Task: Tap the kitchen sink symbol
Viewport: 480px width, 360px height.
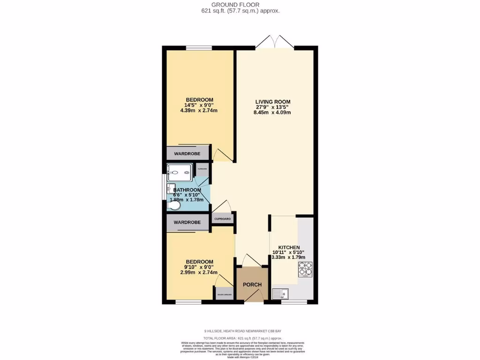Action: (281, 294)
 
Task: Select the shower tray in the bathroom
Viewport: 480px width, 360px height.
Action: (180, 172)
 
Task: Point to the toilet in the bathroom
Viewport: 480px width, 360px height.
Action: (173, 206)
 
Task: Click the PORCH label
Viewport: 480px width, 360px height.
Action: (252, 285)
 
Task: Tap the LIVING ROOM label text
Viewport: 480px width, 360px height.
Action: (273, 102)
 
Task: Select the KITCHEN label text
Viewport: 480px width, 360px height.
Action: (289, 247)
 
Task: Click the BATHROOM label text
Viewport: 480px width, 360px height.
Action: (187, 190)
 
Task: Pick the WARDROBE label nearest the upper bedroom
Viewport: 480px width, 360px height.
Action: (187, 154)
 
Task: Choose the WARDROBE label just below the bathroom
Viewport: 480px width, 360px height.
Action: (187, 222)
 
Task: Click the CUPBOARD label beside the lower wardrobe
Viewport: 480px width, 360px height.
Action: (223, 219)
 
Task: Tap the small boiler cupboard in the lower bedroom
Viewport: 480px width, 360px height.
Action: (224, 293)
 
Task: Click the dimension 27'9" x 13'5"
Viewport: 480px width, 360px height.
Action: (273, 107)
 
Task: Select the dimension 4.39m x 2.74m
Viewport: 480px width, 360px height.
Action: (199, 111)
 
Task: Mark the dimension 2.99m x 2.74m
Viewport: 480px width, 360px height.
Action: (199, 272)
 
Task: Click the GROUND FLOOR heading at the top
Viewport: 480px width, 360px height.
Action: (240, 4)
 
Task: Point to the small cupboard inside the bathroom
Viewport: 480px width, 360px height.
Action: (202, 169)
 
